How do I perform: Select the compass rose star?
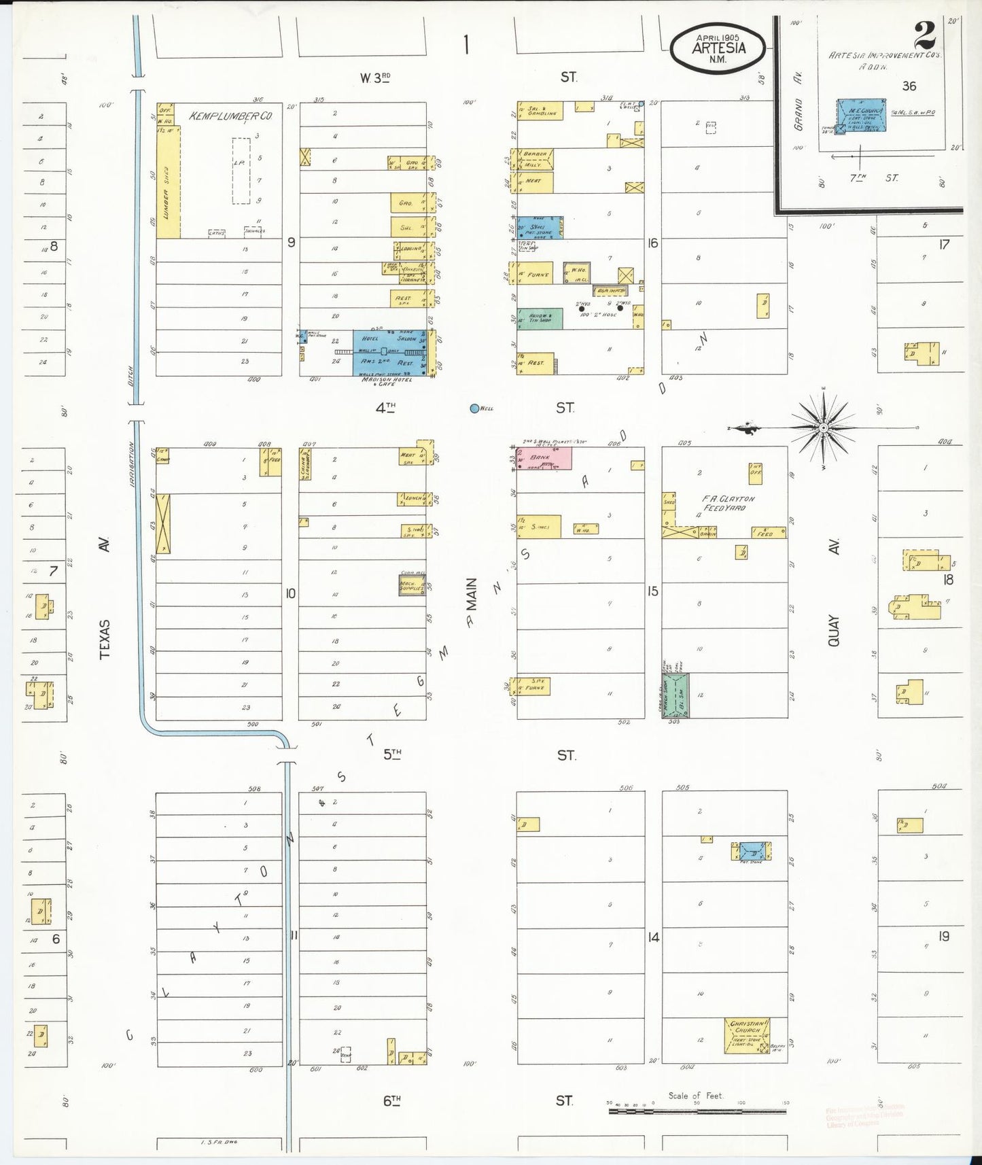(823, 428)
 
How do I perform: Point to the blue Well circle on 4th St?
(474, 408)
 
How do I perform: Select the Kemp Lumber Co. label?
(230, 116)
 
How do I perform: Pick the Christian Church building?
(747, 1035)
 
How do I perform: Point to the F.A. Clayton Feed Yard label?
(729, 503)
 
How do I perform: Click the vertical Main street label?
(471, 595)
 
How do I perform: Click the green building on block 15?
(676, 695)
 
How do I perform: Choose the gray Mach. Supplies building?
(411, 585)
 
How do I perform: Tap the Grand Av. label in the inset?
(799, 114)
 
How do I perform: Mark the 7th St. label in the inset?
(875, 178)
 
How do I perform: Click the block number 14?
(653, 937)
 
